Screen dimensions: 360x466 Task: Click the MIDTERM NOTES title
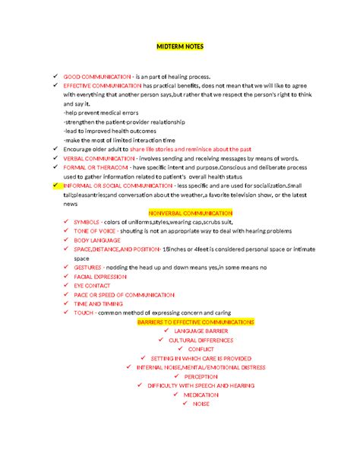click(180, 46)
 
